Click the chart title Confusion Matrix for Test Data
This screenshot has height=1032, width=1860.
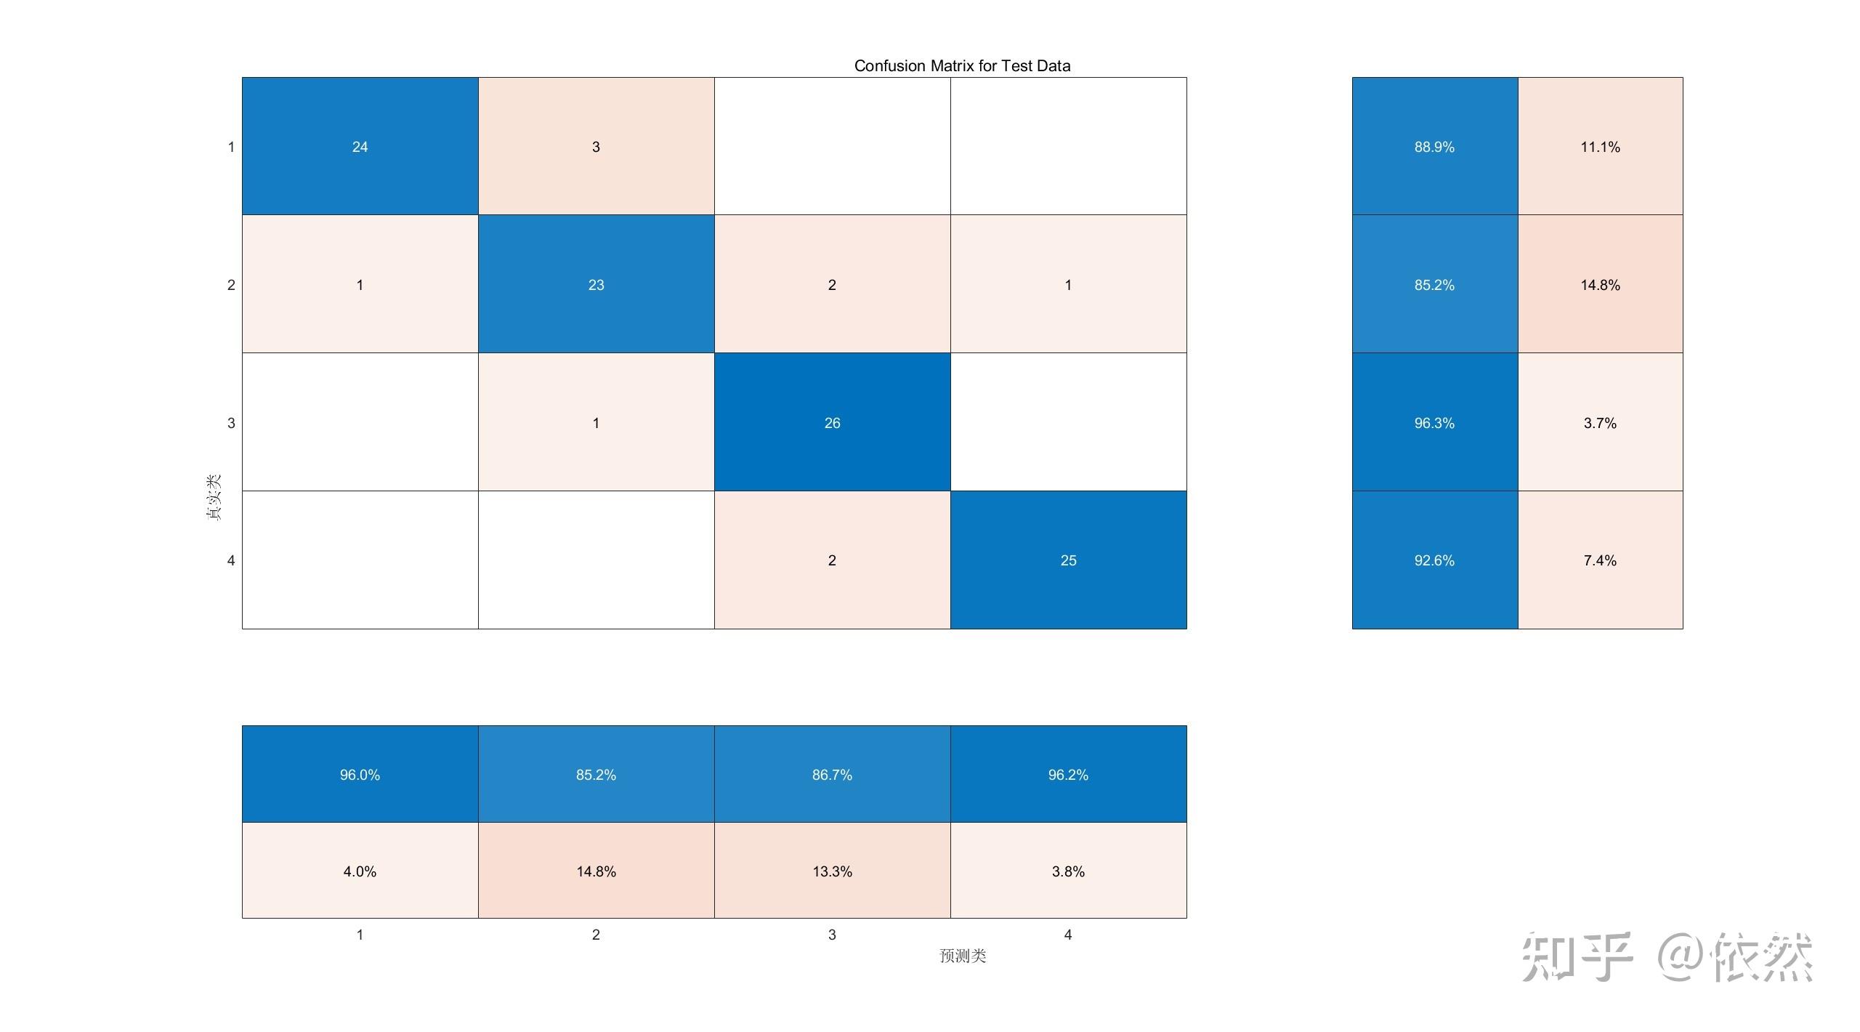click(x=961, y=66)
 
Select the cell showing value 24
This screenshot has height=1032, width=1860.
click(x=360, y=146)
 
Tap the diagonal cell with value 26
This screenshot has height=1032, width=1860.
click(x=832, y=422)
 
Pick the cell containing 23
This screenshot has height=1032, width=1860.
click(x=596, y=284)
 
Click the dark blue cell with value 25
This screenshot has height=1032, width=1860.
click(x=1068, y=560)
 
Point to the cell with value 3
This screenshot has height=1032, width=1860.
click(x=596, y=146)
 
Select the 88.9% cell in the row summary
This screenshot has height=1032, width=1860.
click(x=1434, y=146)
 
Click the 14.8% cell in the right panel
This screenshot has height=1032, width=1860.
click(x=1600, y=284)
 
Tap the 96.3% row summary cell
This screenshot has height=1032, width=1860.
click(x=1434, y=422)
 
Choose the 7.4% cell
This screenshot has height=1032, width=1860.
click(x=1600, y=560)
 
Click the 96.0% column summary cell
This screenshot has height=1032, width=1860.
click(x=360, y=774)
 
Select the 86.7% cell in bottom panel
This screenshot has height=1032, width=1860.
click(x=832, y=774)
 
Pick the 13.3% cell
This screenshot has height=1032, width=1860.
click(x=832, y=871)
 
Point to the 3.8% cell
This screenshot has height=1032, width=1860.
click(x=1068, y=871)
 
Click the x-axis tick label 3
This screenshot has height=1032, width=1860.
click(x=832, y=935)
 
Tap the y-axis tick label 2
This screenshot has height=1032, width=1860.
click(x=231, y=285)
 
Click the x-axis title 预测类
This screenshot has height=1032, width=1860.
click(x=963, y=956)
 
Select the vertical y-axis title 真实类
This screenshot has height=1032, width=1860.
click(x=213, y=497)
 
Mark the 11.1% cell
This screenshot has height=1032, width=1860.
click(x=1600, y=146)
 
